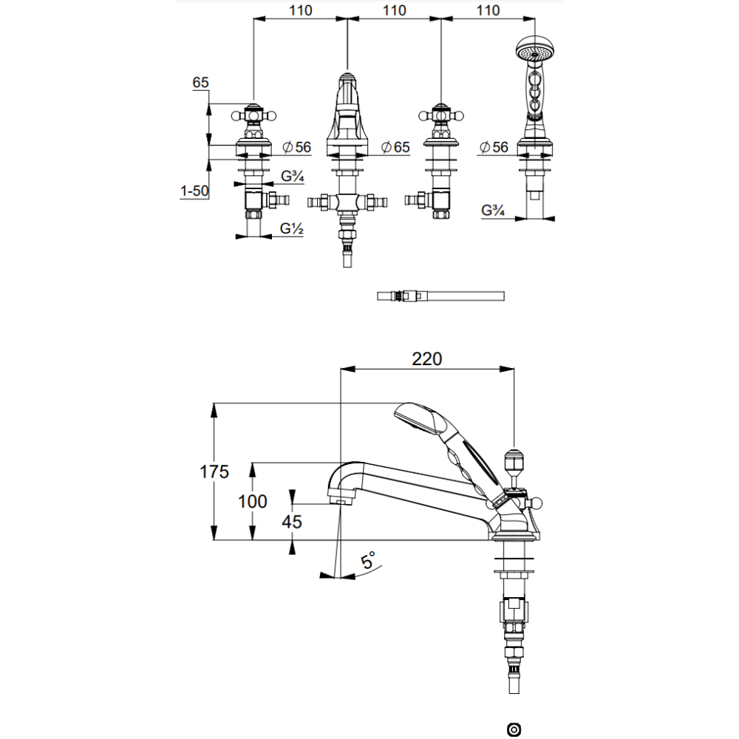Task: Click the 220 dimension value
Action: pos(426,359)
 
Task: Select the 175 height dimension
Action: pos(214,472)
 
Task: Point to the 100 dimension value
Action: pos(252,501)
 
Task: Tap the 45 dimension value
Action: pos(292,521)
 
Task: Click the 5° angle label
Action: pos(367,560)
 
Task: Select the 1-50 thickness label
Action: pos(193,191)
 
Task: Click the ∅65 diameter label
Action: pos(395,147)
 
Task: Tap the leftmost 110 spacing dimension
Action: pos(300,11)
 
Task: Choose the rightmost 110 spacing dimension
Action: pos(488,11)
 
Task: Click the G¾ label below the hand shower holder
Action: pos(493,210)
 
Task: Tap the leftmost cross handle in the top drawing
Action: pos(253,115)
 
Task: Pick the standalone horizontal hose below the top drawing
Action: pos(440,296)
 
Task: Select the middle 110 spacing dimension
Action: pos(395,11)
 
